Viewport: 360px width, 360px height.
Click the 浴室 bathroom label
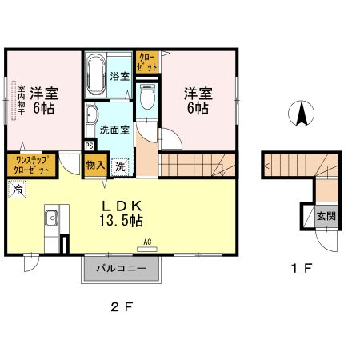118,78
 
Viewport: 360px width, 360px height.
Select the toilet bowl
146,98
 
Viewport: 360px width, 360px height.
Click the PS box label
90,146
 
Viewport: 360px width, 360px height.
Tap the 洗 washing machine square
118,166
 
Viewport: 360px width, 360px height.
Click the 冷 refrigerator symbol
16,189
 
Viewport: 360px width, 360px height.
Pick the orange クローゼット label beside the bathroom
147,63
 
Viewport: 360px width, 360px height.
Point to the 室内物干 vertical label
13,100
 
